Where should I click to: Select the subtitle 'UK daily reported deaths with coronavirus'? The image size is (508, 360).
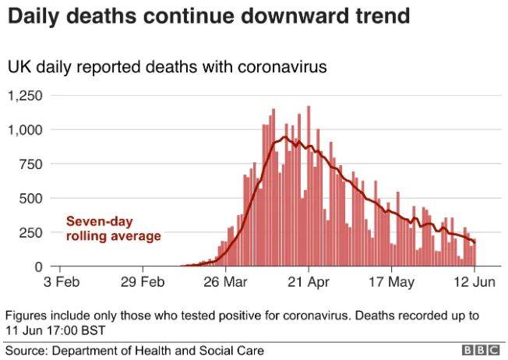point(167,68)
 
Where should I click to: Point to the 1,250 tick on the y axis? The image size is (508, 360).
point(27,97)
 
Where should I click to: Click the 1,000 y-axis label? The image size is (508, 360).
point(27,130)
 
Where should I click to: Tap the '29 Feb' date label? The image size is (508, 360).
point(143,281)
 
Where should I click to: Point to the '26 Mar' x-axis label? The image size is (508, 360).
point(226,281)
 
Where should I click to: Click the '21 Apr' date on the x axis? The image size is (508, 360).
point(309,281)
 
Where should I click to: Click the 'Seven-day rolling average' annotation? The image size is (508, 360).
point(113,228)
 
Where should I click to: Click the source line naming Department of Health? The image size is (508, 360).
point(135,351)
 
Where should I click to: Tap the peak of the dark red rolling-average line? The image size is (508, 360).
point(285,138)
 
